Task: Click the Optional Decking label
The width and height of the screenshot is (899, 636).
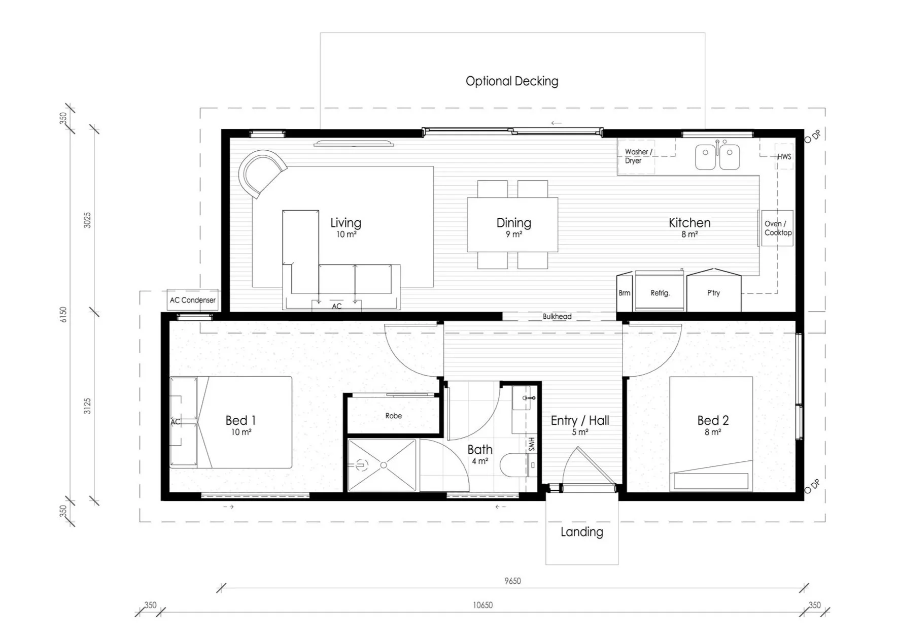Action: [511, 81]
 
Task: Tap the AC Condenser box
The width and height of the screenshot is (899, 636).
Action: [192, 300]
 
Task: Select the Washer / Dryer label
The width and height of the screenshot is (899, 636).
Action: [637, 156]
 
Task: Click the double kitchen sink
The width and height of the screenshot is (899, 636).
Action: [717, 156]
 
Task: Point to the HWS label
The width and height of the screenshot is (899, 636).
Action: [784, 156]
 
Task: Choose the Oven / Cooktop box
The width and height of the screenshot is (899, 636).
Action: [777, 228]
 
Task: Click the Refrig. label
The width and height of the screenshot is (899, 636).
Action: [660, 293]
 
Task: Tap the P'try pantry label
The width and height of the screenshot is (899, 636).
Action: [713, 293]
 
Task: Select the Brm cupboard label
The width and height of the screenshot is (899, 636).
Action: [624, 293]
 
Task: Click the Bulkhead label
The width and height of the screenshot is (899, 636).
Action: [557, 316]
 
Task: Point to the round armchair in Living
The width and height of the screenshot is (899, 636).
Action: [261, 173]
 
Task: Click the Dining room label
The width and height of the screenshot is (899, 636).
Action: [513, 223]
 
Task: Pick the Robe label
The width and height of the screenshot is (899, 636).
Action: [393, 416]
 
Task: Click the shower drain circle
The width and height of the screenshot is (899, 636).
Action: [384, 465]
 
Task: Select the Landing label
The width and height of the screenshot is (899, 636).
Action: [581, 532]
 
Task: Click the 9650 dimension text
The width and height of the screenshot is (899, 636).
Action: [512, 581]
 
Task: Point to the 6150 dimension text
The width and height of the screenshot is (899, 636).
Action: [63, 315]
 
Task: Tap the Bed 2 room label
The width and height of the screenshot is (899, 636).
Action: [712, 420]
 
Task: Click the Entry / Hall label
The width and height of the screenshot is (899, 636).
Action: [579, 420]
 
